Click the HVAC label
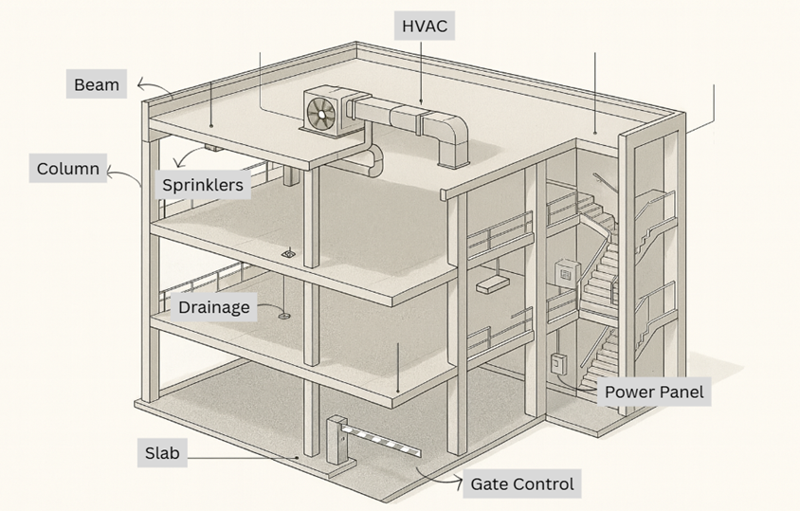point(424,26)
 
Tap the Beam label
point(97,84)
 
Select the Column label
point(68,168)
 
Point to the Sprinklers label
point(203,184)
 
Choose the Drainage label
point(214,307)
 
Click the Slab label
point(162,453)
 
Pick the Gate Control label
point(522,484)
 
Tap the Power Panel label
point(654,392)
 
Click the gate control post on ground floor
point(336,440)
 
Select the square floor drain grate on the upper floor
point(289,253)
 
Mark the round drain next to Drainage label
point(283,316)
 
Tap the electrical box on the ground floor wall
point(557,364)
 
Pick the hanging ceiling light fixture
point(492,283)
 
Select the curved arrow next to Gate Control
point(437,477)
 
